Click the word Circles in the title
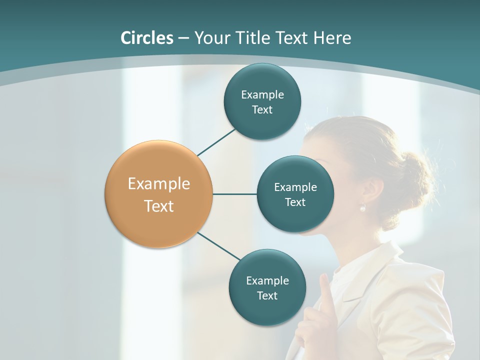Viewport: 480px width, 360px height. [147, 38]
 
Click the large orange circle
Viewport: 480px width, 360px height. [159, 194]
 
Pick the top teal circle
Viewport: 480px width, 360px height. [262, 101]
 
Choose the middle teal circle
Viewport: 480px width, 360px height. [295, 194]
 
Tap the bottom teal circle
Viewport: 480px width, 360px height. [267, 287]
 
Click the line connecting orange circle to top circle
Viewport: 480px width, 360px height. [216, 142]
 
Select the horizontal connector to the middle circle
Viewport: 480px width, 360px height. [234, 194]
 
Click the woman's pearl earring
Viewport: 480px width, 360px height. [362, 207]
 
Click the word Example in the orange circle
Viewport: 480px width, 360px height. [159, 183]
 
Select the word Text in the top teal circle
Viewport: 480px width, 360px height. [262, 109]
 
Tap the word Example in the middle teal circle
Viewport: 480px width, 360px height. [295, 187]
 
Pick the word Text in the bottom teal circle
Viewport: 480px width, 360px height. [267, 295]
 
